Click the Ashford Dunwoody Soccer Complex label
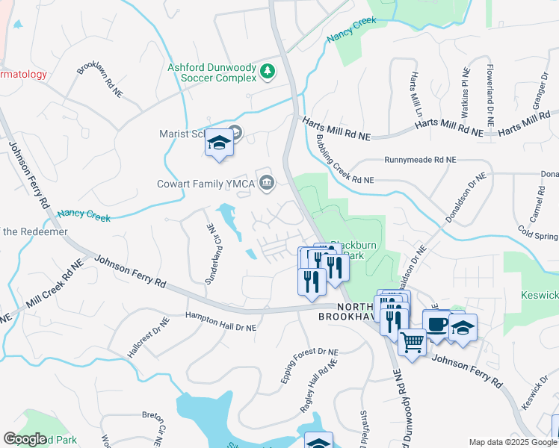213,72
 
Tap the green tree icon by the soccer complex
268,72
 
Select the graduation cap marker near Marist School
219,142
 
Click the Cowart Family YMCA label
206,184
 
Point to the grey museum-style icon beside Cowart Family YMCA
266,181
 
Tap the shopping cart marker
412,343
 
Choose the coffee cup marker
437,324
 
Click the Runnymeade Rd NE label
419,160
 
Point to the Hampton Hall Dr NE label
221,323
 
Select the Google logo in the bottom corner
25,439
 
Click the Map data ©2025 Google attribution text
512,442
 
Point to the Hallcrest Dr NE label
149,337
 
